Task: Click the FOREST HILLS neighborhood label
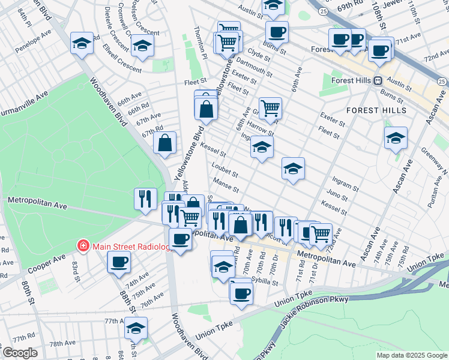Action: [x=376, y=110]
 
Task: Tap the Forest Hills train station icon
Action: [x=379, y=80]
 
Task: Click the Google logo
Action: [x=19, y=353]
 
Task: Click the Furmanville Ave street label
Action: [x=24, y=95]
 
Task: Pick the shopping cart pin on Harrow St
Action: [x=271, y=108]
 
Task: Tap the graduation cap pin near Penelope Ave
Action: [x=82, y=43]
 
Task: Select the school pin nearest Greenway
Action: [x=396, y=138]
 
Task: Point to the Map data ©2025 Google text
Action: [x=411, y=355]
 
